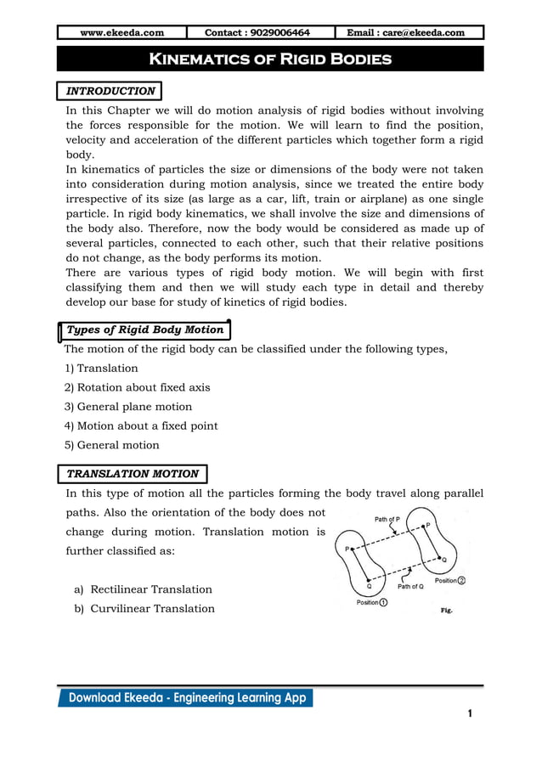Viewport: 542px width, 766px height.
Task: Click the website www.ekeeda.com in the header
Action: (x=121, y=33)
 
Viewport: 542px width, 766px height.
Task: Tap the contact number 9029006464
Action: (x=257, y=33)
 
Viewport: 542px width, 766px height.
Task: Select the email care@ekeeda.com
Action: (x=410, y=33)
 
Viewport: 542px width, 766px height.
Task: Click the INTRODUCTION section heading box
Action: (x=110, y=91)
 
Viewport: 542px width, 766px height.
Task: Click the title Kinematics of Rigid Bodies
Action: (x=270, y=59)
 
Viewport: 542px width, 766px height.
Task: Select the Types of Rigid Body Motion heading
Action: (x=144, y=329)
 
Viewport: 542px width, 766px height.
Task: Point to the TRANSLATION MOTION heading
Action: (x=133, y=474)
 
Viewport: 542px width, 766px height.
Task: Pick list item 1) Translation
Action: (x=101, y=369)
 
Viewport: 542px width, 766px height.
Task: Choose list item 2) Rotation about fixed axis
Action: (x=138, y=387)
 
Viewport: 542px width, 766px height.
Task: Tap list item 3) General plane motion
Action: (x=128, y=407)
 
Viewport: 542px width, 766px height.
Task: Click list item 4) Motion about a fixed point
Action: (x=141, y=425)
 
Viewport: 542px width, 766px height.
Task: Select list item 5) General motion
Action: (x=112, y=445)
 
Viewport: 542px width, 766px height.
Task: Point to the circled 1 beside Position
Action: (x=384, y=603)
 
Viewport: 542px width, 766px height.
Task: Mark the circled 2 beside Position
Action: (x=462, y=581)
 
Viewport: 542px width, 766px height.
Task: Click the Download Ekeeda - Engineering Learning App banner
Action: (x=185, y=698)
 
